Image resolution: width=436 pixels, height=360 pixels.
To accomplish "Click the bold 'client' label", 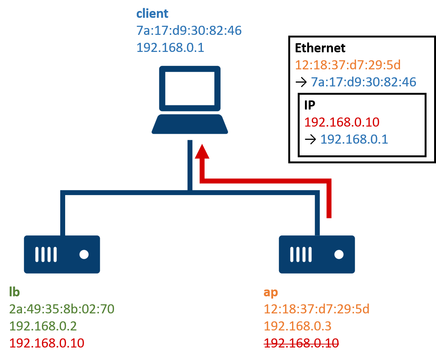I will [x=152, y=14].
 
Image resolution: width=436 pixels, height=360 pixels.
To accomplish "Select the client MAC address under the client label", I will [x=189, y=31].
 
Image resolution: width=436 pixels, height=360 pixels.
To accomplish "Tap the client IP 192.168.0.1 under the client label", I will [x=170, y=47].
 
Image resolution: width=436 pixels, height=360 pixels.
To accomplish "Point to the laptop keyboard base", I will [x=189, y=124].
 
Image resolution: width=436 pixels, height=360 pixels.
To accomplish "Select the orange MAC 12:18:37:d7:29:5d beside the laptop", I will [x=347, y=65].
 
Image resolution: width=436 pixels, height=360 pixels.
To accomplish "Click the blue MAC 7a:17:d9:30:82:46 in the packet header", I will [x=364, y=82].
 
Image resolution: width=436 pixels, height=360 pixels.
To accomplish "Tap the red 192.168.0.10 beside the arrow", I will [x=342, y=122].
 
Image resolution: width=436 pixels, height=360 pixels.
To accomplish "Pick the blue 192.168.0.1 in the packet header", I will [x=354, y=139].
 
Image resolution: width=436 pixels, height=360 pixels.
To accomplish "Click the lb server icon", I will [x=62, y=254].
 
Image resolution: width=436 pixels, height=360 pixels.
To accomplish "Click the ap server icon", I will [x=317, y=254].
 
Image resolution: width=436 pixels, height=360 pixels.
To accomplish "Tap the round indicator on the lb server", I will [x=84, y=254].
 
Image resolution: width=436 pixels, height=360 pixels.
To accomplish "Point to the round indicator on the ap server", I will [x=339, y=254].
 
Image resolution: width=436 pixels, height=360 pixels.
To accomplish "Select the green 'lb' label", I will [x=14, y=292].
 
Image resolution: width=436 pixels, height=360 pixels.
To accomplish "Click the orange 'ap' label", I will [x=270, y=293].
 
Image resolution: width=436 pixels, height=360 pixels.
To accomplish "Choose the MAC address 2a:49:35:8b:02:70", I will [x=61, y=309].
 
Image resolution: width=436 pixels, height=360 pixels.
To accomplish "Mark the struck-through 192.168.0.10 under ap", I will [x=301, y=343].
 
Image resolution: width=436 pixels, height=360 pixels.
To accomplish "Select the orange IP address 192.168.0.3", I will [x=297, y=326].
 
